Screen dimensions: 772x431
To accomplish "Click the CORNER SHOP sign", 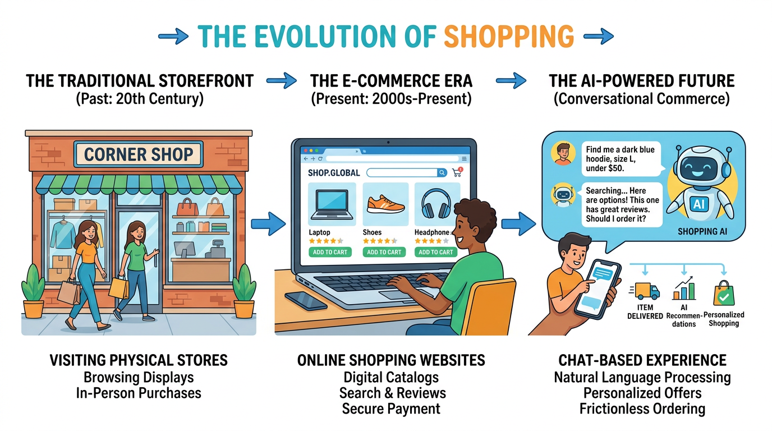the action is click(x=139, y=154).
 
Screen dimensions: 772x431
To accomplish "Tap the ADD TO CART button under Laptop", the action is click(x=330, y=252).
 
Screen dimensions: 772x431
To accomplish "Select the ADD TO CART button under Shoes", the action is click(x=384, y=252).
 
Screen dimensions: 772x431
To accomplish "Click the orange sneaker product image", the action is click(x=385, y=204).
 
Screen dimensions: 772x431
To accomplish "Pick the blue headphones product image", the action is click(x=436, y=204).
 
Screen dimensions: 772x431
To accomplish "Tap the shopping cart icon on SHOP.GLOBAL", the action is click(x=457, y=172).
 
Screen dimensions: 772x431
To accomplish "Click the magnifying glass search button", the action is click(x=442, y=172).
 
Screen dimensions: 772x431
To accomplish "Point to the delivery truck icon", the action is click(x=645, y=291).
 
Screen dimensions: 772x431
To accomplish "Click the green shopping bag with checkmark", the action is click(x=724, y=293).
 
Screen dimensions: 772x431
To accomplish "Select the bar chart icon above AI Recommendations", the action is click(x=684, y=288).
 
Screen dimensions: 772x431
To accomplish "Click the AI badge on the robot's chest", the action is click(x=699, y=204).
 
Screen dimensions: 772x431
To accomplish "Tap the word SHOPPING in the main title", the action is click(x=509, y=36).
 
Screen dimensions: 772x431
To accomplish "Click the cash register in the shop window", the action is click(x=216, y=249).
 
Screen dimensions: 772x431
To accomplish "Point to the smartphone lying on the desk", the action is click(x=306, y=301).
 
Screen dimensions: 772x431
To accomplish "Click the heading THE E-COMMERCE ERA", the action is click(x=391, y=81).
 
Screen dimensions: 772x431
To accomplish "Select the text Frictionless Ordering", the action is click(x=642, y=409).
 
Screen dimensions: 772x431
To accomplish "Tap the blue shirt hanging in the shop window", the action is click(x=63, y=235).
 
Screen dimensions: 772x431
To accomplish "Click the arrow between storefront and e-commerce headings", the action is click(x=282, y=81).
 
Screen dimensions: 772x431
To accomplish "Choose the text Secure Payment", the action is click(x=391, y=409).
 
